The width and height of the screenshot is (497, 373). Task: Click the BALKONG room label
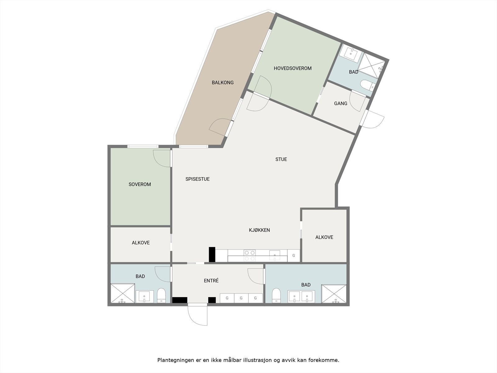point(222,82)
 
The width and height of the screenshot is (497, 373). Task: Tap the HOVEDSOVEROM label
point(292,68)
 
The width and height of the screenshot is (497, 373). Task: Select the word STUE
point(281,159)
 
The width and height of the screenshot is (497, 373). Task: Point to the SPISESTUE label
point(197,179)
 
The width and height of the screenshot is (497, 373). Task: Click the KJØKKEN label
point(259,230)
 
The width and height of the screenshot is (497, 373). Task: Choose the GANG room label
point(340,103)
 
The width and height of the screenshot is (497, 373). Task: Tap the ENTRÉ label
point(211,280)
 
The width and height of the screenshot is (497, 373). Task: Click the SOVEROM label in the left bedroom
point(140,184)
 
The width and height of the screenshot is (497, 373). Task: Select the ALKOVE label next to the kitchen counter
point(324,237)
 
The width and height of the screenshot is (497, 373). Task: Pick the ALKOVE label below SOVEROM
point(141,243)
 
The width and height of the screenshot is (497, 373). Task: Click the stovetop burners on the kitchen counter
point(249,256)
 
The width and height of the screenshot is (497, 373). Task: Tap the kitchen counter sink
point(275,256)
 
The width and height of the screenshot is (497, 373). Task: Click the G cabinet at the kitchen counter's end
point(294,256)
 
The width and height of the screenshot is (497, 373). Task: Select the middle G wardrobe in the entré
point(241,298)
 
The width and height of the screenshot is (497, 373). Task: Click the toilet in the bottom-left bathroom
point(161,296)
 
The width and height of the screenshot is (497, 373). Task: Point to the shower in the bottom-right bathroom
point(334,293)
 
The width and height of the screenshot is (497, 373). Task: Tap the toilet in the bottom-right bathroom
point(276,295)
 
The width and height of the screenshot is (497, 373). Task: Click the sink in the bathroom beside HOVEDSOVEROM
point(351,54)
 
